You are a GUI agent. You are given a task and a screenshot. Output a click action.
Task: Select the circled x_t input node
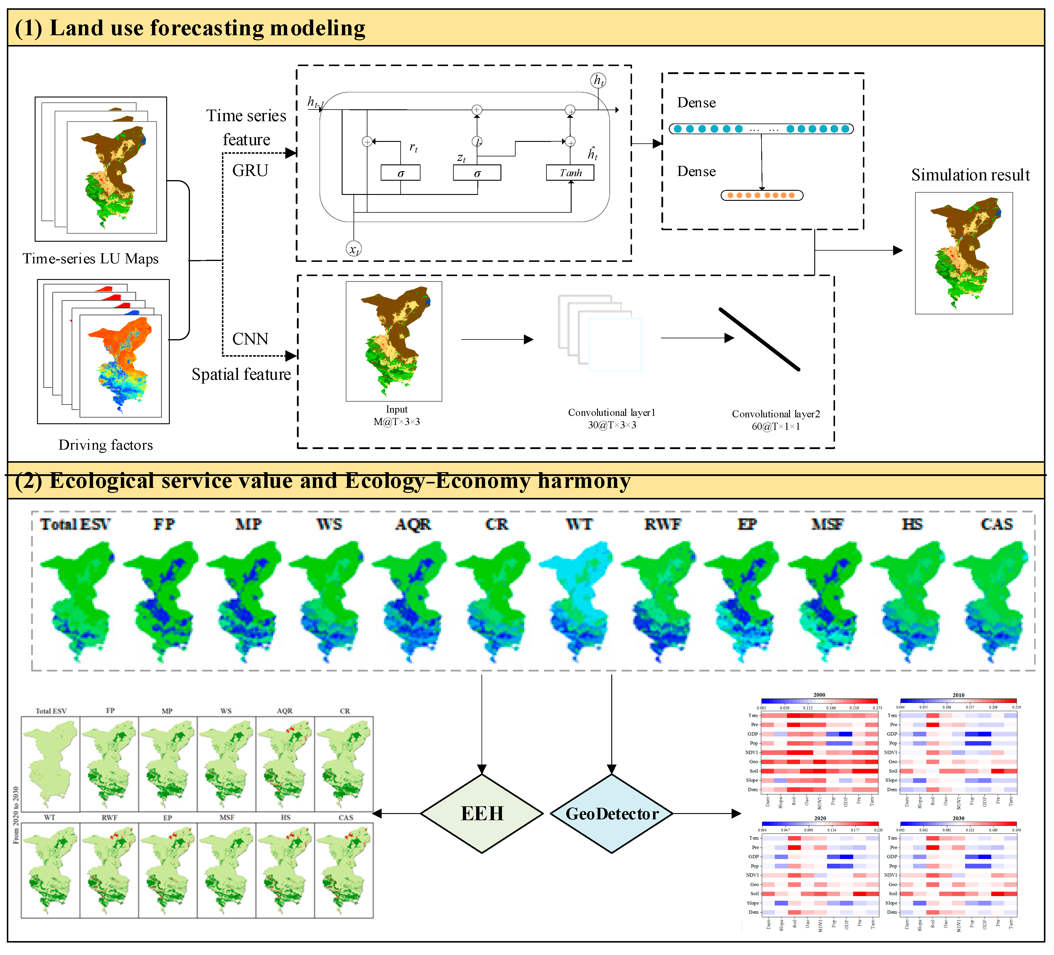(x=354, y=249)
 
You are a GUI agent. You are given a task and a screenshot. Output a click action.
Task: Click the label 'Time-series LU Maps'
(x=90, y=259)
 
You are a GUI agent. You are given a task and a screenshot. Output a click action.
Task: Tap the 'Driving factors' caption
(x=105, y=445)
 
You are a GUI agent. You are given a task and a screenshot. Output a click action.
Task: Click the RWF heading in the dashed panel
(x=662, y=524)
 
